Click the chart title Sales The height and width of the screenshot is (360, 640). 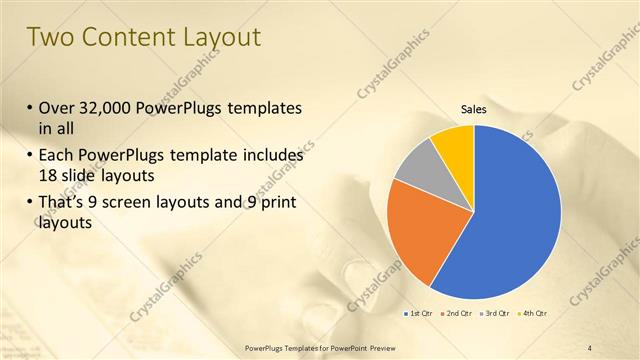pos(473,109)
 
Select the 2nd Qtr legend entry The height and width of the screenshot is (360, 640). pos(456,314)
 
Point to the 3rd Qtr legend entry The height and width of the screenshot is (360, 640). pos(494,314)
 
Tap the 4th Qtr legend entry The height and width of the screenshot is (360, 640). pos(532,314)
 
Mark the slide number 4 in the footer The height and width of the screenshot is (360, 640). pos(589,348)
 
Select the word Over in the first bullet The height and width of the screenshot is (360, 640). pos(56,108)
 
